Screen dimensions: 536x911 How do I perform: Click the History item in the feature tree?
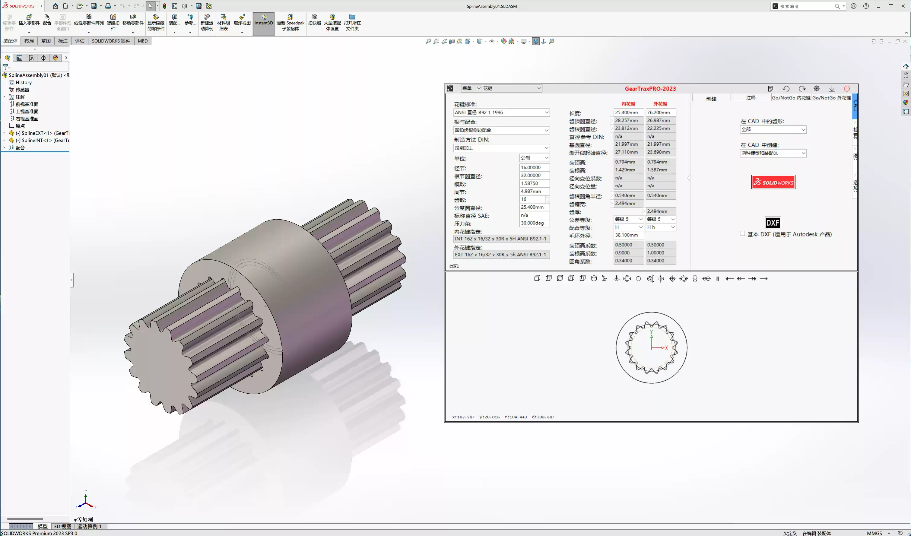pos(24,82)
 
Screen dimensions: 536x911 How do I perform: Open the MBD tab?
pos(142,41)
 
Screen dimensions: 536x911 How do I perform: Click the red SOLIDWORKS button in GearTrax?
pos(773,182)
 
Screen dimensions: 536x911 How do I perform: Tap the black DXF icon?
pos(773,223)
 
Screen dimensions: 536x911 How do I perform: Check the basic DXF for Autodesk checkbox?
pos(742,233)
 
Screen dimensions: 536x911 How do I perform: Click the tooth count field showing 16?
pos(532,199)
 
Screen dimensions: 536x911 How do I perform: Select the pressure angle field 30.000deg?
pos(534,223)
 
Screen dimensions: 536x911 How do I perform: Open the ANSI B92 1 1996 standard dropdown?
pos(501,113)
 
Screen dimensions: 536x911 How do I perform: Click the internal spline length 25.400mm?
pos(628,113)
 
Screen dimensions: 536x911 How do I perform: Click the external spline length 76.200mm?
pos(660,113)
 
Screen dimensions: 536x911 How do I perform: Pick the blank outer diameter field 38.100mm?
pos(628,235)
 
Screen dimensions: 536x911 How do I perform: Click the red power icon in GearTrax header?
pos(847,89)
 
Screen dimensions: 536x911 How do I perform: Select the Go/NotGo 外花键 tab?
pos(831,98)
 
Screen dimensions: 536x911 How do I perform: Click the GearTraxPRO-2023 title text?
pos(650,89)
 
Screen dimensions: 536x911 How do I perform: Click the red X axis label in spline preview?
pos(666,348)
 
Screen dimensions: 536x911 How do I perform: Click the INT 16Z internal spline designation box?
pos(501,239)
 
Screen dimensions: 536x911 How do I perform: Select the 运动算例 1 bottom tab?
pos(89,526)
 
